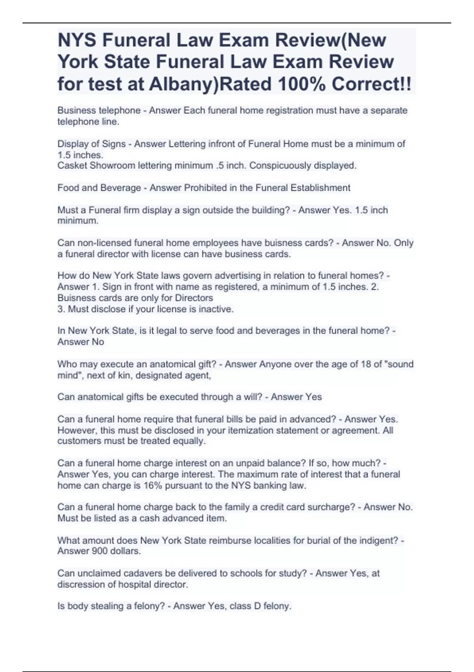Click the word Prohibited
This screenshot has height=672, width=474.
point(205,187)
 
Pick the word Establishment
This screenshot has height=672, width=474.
point(320,187)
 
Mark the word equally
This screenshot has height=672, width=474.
point(190,441)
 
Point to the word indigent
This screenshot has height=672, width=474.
point(378,540)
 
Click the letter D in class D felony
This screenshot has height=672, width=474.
point(257,606)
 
